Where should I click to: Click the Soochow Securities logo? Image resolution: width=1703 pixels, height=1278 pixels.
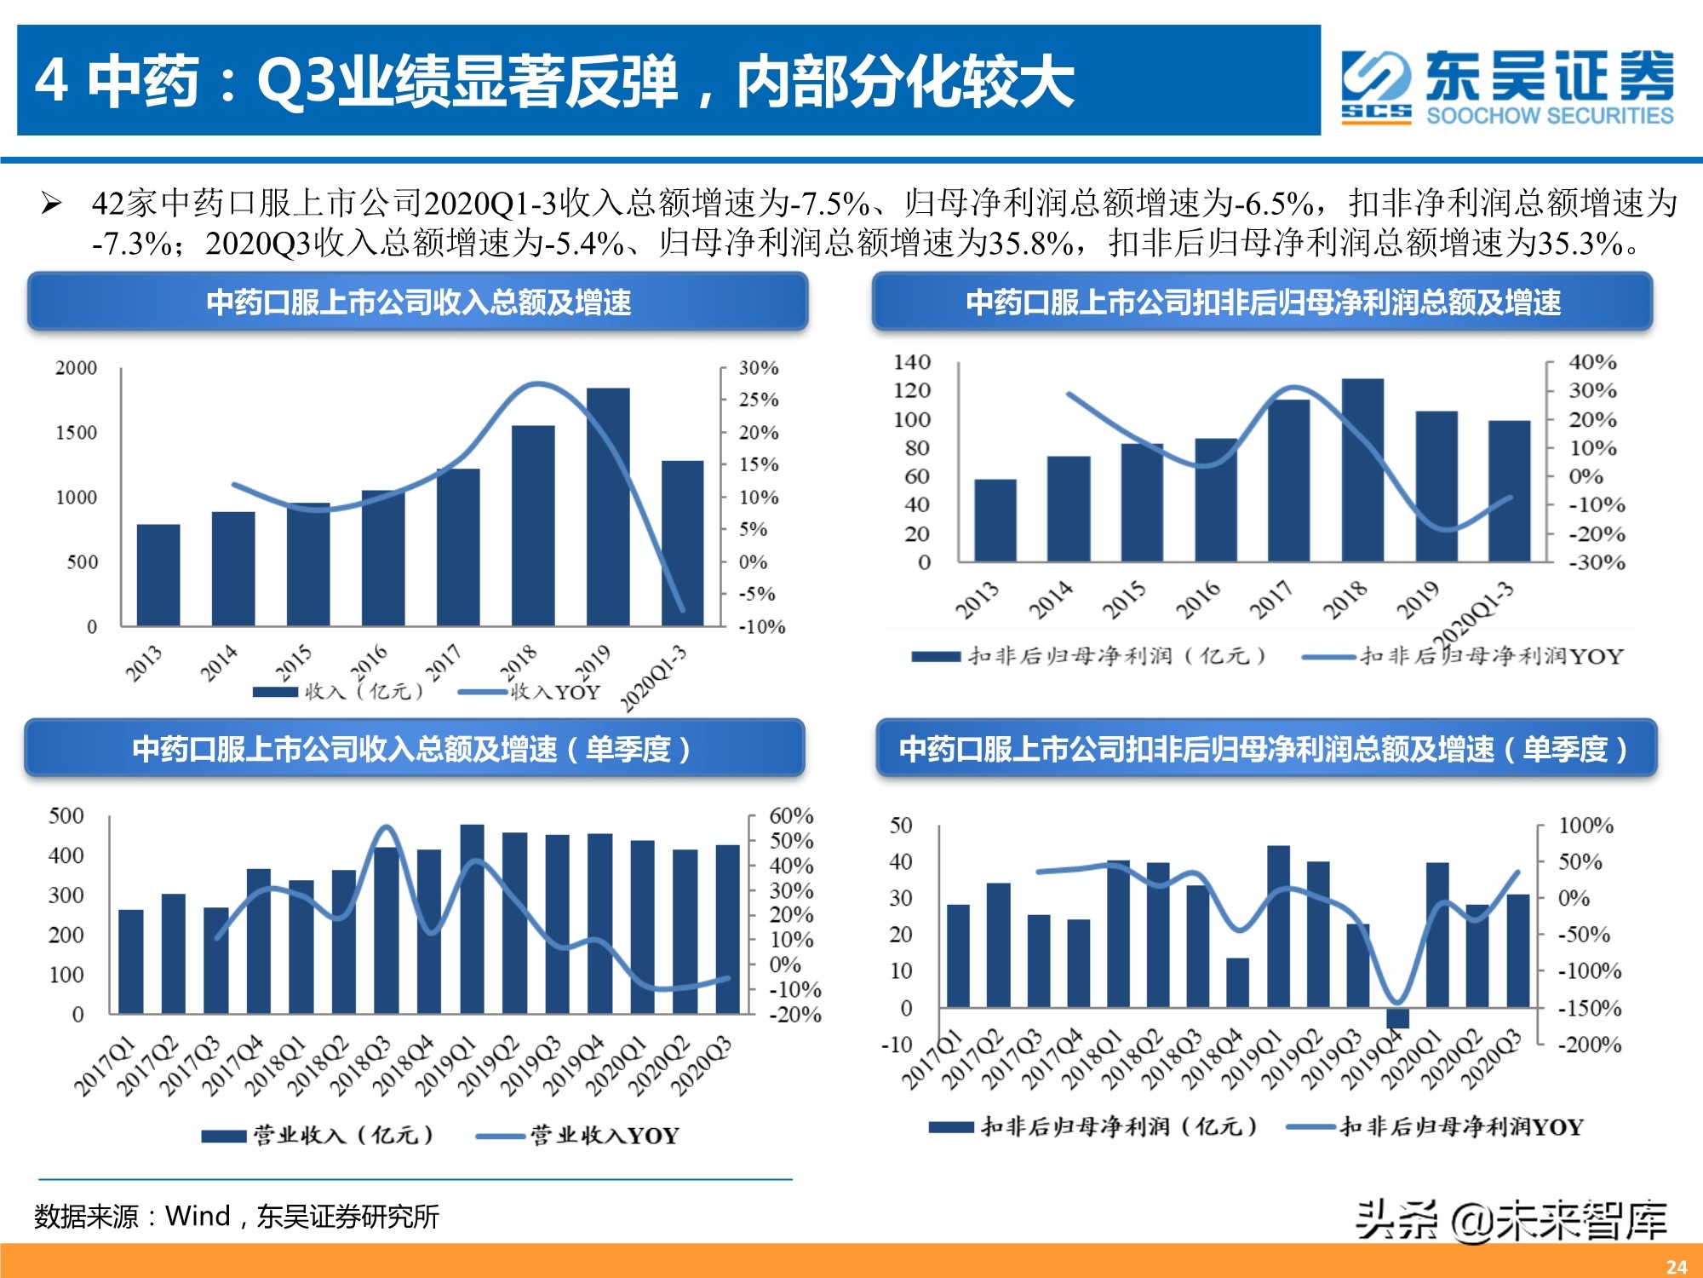(1507, 87)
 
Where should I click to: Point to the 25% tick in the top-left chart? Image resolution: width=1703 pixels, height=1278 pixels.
(758, 400)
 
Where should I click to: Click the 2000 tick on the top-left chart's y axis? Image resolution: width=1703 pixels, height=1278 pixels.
(77, 368)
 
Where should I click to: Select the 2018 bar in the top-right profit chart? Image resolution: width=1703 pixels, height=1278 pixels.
(1362, 470)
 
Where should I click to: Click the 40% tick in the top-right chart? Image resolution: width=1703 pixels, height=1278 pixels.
(1592, 362)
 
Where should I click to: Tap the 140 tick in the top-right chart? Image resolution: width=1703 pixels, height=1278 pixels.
(912, 362)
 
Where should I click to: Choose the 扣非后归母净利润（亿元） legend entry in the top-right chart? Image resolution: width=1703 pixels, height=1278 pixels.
(1090, 656)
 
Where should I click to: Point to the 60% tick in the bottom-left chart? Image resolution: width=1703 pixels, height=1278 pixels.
(791, 816)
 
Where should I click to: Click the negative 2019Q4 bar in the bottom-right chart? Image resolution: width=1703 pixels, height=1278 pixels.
(1397, 1018)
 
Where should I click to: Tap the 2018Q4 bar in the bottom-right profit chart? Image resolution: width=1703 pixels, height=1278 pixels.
(1237, 982)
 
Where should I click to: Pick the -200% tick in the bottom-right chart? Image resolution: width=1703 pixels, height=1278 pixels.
(1589, 1045)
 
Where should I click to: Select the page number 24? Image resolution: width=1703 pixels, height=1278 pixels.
(1677, 1266)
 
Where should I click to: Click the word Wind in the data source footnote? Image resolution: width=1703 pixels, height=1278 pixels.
(198, 1216)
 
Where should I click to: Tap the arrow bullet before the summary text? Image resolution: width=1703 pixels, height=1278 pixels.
(52, 204)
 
